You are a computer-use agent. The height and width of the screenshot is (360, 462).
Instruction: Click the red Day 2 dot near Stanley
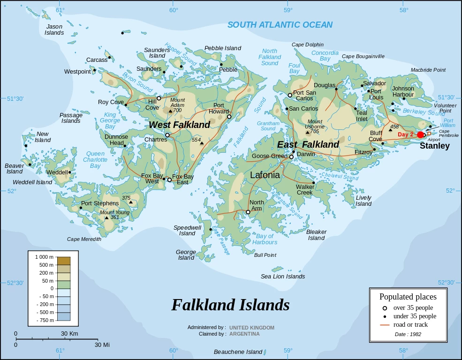[x=420, y=135]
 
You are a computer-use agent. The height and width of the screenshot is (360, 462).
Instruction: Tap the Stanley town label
[x=434, y=146]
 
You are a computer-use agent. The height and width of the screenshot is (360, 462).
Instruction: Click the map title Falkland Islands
[x=230, y=305]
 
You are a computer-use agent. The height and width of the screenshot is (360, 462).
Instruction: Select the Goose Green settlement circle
[x=291, y=157]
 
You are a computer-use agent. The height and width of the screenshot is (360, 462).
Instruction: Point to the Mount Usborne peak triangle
[x=308, y=132]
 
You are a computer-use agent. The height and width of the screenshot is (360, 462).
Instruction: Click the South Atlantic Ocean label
[x=280, y=25]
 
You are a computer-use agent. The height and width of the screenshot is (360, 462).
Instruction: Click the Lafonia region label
[x=265, y=175]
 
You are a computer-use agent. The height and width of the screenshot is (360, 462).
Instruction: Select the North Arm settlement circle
[x=248, y=212]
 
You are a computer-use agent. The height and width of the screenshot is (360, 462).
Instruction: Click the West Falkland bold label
[x=180, y=125]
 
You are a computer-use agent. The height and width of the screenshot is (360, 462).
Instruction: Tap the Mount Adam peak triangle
[x=170, y=111]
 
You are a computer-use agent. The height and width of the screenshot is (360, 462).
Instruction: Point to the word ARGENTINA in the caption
[x=244, y=334]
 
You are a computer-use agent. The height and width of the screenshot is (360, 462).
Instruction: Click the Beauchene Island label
[x=238, y=352]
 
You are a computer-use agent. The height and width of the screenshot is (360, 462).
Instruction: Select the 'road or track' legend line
[x=385, y=325]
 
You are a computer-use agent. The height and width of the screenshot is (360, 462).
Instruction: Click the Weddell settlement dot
[x=70, y=172]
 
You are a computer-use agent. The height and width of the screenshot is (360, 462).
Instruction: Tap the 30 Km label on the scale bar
[x=69, y=333]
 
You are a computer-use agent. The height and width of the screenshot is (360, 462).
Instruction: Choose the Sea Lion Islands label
[x=283, y=276]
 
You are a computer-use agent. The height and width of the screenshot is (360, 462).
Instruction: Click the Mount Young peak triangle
[x=106, y=217]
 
